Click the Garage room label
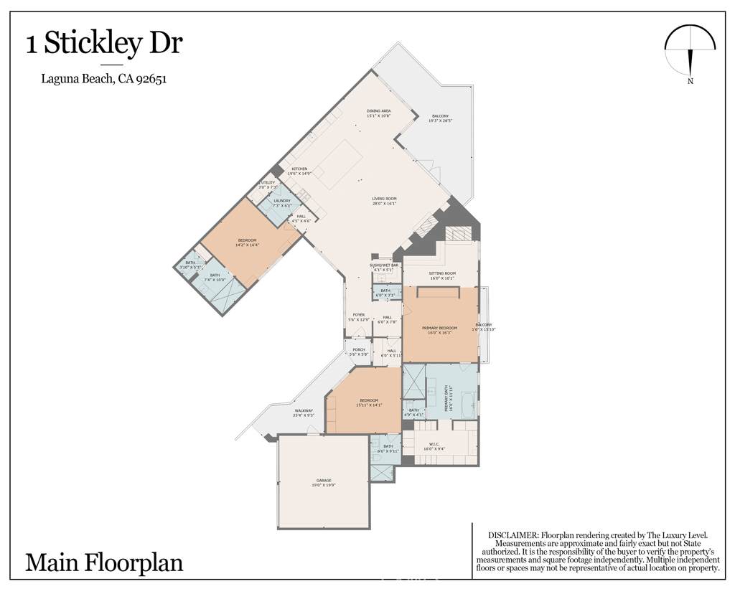pyautogui.click(x=324, y=482)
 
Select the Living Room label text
pyautogui.click(x=384, y=202)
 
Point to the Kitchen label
pyautogui.click(x=299, y=171)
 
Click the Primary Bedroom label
pyautogui.click(x=439, y=330)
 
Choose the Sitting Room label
pyautogui.click(x=443, y=275)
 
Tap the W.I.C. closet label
pyautogui.click(x=439, y=445)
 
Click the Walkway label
pyautogui.click(x=304, y=413)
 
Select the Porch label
pyautogui.click(x=359, y=352)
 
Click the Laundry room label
pyautogui.click(x=281, y=203)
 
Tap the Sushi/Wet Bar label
pyautogui.click(x=384, y=267)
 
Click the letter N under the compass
pyautogui.click(x=690, y=81)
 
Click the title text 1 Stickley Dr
pyautogui.click(x=104, y=44)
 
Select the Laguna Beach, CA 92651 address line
pyautogui.click(x=104, y=80)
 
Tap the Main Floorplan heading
pyautogui.click(x=104, y=562)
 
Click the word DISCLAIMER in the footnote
pyautogui.click(x=512, y=535)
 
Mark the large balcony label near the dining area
pyautogui.click(x=440, y=118)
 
